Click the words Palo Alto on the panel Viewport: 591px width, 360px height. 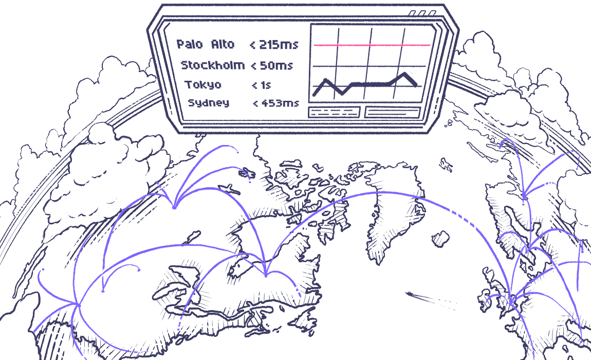click(206, 45)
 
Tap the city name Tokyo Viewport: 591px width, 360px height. click(204, 85)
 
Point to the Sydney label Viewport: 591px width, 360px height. click(209, 103)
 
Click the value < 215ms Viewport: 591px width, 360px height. click(274, 45)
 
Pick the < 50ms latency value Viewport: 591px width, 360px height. click(272, 66)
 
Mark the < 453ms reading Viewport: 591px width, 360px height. click(276, 103)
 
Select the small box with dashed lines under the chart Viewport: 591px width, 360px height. click(334, 112)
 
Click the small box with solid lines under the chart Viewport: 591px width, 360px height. click(393, 112)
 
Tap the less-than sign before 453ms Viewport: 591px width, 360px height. click(256, 103)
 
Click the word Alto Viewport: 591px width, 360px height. click(223, 45)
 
